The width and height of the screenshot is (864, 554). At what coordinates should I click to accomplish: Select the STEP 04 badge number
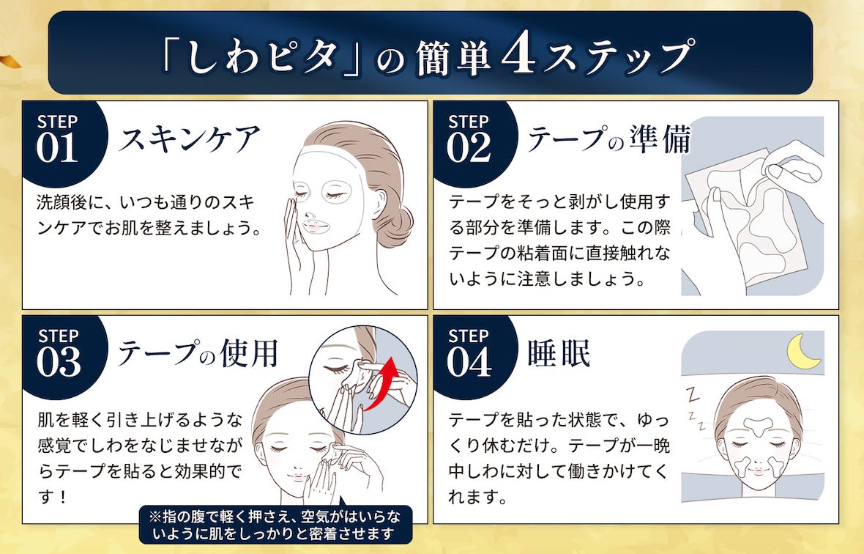[x=468, y=362]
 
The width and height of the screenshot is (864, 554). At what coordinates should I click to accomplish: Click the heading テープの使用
[x=198, y=354]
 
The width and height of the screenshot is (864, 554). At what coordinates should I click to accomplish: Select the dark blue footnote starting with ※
[x=275, y=523]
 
